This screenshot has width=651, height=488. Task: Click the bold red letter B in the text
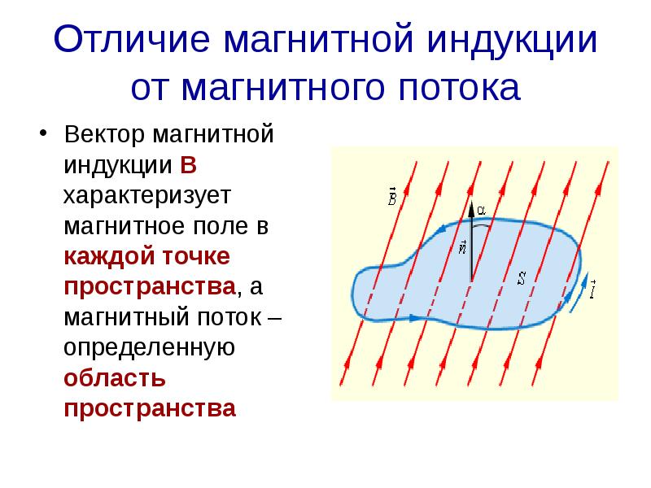click(x=188, y=166)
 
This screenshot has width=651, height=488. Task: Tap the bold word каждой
click(x=103, y=257)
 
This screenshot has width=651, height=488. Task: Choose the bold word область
click(x=115, y=378)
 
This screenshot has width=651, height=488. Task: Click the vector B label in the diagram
click(x=392, y=196)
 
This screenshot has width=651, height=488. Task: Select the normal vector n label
click(x=462, y=247)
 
